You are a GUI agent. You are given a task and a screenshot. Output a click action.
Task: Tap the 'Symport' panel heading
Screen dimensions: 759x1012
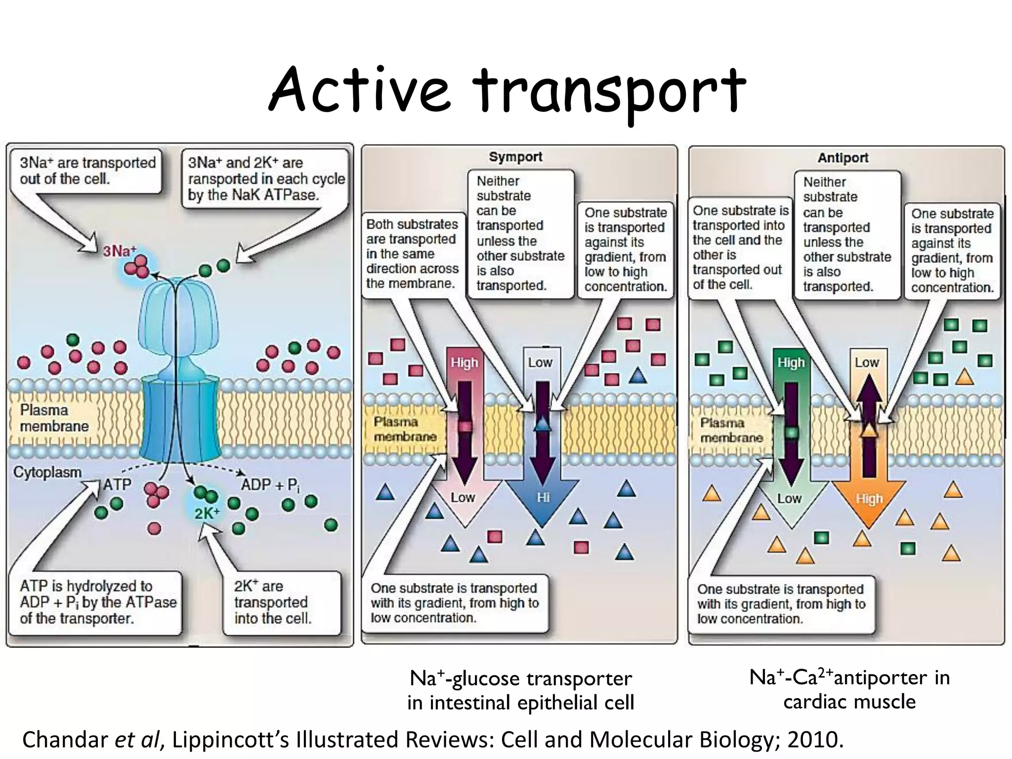pos(515,157)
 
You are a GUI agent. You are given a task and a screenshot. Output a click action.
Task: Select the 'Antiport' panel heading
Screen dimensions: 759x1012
pos(843,158)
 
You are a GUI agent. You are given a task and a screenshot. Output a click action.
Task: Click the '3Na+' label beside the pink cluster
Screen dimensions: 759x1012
pos(119,251)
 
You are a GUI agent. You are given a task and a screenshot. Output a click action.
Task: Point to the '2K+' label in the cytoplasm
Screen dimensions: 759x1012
pos(207,513)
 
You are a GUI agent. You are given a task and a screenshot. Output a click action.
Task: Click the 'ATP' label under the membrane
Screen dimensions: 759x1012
pos(117,484)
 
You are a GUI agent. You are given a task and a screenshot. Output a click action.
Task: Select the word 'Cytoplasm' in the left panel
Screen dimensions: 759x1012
pos(47,472)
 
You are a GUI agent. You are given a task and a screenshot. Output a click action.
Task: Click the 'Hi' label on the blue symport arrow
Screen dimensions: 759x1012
pos(543,497)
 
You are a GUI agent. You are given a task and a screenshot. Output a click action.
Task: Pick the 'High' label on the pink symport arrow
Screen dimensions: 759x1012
pos(464,362)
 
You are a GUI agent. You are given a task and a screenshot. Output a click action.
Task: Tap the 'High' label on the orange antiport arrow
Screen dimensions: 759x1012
pos(869,499)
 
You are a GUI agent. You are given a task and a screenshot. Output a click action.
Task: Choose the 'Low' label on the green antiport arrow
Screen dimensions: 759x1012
pos(789,498)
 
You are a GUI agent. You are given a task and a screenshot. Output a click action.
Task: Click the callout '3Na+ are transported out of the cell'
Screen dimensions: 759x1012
pos(87,171)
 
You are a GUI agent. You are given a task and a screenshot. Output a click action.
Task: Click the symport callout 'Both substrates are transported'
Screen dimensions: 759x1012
pos(412,253)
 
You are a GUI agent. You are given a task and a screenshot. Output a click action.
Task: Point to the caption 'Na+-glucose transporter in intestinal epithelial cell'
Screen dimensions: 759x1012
pos(520,690)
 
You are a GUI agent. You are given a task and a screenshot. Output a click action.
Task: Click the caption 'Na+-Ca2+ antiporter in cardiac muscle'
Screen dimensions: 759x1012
pos(849,689)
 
